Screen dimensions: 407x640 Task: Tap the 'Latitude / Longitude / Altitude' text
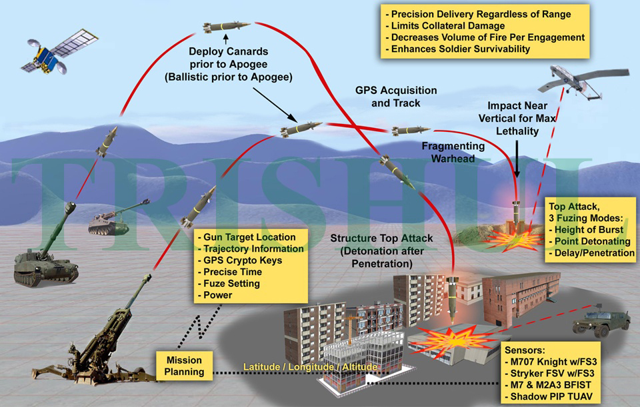[311, 366]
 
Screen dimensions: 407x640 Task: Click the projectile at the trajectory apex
[226, 26]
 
